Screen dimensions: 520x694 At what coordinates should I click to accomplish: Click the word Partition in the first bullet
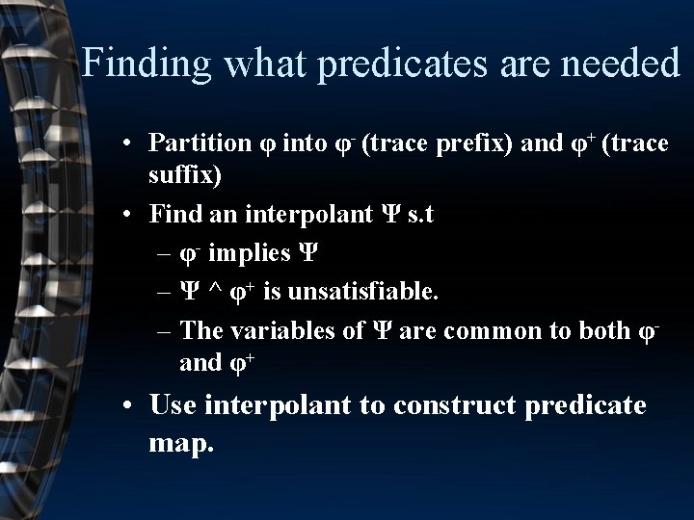point(200,143)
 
